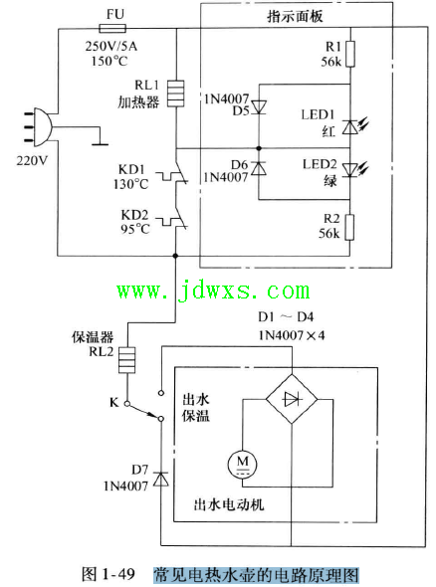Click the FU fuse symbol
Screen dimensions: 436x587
coord(112,28)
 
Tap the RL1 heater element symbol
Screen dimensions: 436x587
coord(175,94)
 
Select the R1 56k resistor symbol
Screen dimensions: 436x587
coord(350,55)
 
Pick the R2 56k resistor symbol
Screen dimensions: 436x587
coord(349,227)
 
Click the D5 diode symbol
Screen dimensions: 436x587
coord(259,107)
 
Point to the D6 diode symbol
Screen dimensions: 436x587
coord(259,168)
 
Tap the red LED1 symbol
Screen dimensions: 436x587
coord(354,126)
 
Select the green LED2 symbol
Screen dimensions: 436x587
coord(354,169)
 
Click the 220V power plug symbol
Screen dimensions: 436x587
coord(39,127)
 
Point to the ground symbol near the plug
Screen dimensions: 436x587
coord(100,141)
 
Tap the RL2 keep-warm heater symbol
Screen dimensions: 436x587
coord(127,360)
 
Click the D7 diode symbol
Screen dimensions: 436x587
coord(161,479)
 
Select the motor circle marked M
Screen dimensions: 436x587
coord(243,464)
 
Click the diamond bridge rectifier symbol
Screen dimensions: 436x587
coord(292,399)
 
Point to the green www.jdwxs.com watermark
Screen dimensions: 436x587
coord(213,292)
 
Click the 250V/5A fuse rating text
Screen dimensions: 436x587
coord(111,47)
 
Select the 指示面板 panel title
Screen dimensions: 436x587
coord(295,17)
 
